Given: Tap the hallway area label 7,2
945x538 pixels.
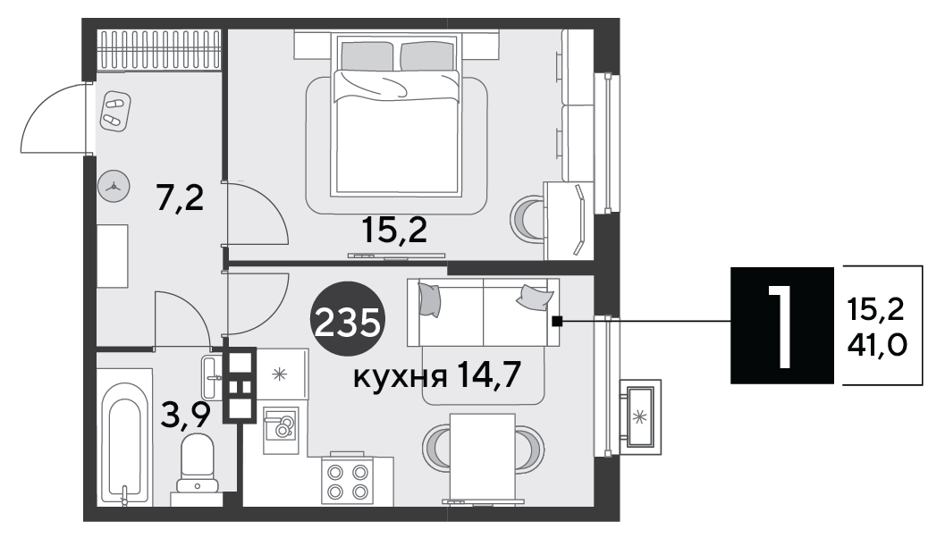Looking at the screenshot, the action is tap(180, 198).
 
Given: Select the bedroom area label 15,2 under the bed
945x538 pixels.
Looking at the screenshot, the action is tap(394, 230).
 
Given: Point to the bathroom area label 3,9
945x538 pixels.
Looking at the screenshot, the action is tap(185, 415).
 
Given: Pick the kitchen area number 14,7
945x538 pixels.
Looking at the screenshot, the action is tap(488, 374).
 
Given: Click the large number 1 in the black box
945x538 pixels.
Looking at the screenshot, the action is tap(781, 325).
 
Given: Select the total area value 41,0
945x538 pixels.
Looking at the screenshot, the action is tap(877, 346).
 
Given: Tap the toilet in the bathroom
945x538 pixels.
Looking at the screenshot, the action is tap(197, 464).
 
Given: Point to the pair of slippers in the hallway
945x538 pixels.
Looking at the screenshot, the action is tap(115, 112).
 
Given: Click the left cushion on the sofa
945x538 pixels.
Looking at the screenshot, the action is tap(429, 298).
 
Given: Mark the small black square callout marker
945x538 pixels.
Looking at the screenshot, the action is tap(558, 322).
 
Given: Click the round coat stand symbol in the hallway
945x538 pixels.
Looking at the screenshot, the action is tap(114, 188).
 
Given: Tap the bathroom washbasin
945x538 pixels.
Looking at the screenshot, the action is tap(212, 378).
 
